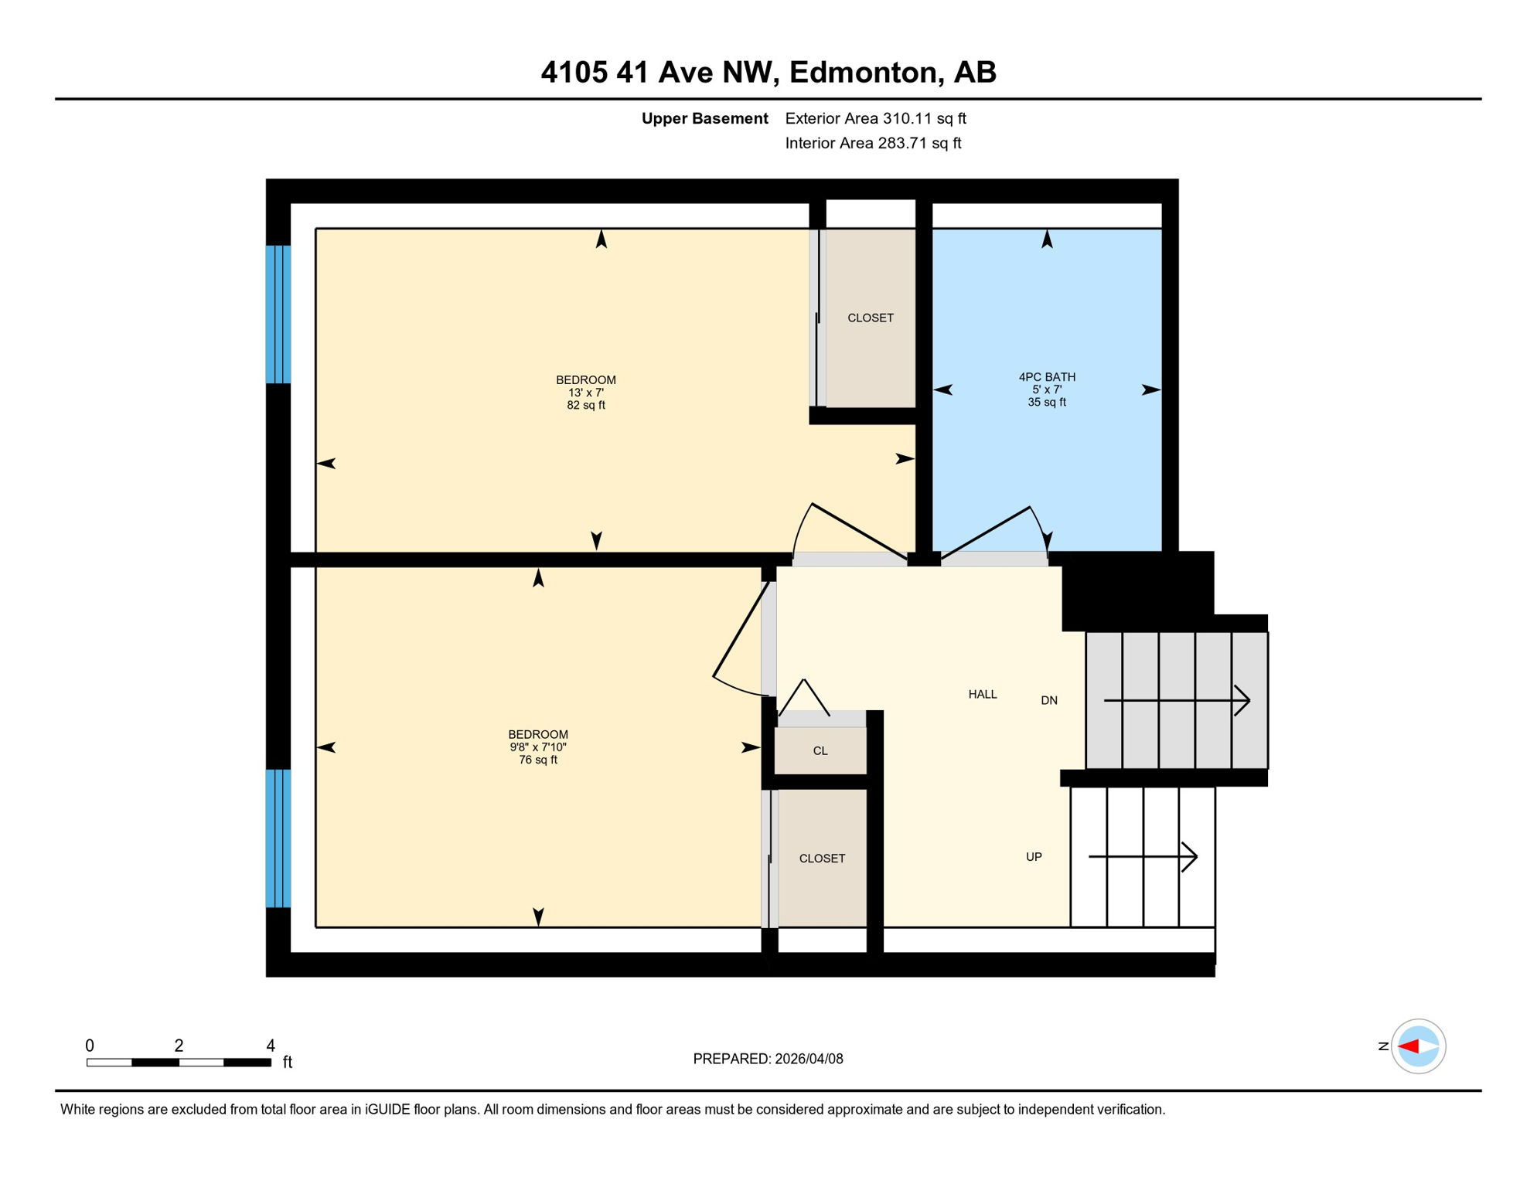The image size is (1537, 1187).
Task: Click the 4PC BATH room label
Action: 1046,377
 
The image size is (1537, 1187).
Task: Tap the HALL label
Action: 982,695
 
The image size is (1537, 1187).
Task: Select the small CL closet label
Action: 820,751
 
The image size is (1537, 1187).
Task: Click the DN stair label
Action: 1048,701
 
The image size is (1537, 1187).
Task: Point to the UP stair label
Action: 1033,857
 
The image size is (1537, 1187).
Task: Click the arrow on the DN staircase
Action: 1176,701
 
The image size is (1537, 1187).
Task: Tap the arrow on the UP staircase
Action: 1142,857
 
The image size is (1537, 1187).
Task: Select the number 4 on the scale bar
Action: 270,1046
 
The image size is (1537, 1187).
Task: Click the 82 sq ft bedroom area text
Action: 585,406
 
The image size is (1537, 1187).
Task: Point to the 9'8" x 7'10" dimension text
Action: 537,747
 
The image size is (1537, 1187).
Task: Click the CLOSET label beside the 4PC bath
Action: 870,318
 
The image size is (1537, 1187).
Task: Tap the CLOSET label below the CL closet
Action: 821,859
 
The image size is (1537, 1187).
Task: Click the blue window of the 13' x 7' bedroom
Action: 278,315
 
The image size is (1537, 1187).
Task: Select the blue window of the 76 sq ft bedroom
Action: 278,838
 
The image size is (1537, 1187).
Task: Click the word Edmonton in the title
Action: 863,73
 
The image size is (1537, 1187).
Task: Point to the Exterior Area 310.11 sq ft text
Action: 875,119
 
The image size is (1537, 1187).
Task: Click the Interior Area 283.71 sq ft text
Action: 873,144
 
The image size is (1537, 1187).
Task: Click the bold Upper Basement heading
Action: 704,119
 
